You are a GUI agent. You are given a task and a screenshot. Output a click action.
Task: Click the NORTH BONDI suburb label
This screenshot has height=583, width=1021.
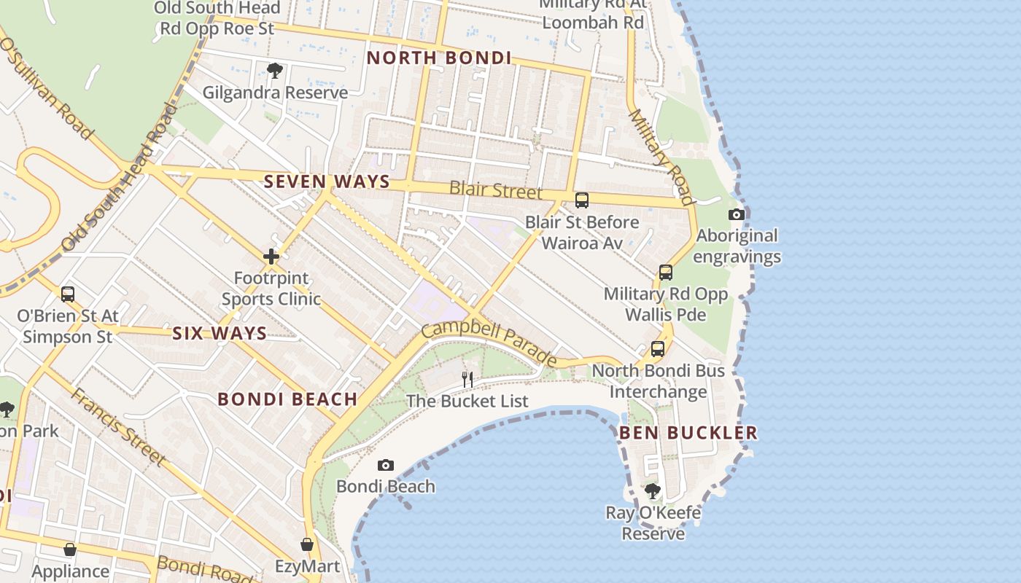pos(438,58)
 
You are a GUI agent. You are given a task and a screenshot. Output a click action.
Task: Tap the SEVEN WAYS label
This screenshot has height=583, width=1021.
pos(327,181)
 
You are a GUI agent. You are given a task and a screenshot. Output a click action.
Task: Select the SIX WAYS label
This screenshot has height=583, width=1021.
pos(220,334)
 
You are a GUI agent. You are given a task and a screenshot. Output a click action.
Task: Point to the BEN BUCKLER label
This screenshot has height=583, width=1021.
pos(688,433)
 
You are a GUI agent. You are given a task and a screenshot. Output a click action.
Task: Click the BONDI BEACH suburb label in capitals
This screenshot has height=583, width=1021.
pos(287,399)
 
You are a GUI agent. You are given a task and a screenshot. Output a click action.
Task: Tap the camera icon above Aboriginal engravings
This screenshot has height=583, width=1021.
pos(737,214)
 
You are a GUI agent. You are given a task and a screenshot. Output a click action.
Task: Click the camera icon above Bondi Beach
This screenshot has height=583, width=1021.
pos(386,465)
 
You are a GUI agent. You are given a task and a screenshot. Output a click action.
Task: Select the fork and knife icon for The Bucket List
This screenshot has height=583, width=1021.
pos(467,379)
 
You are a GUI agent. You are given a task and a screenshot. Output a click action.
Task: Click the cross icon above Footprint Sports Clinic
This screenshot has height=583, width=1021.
pos(271,257)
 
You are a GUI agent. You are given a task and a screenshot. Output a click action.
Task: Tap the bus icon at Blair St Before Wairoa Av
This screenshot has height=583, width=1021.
pos(582,200)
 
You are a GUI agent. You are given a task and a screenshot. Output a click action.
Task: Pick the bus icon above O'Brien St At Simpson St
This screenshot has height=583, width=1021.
pos(68,294)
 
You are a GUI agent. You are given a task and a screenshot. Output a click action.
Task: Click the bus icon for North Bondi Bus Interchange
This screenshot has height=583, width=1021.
pos(658,349)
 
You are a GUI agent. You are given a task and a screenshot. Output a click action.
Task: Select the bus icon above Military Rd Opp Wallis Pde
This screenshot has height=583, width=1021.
pos(666,273)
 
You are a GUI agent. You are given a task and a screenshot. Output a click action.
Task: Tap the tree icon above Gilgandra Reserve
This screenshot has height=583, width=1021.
pos(275,71)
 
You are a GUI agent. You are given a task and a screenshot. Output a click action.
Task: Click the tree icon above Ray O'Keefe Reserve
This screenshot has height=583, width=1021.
pos(653,491)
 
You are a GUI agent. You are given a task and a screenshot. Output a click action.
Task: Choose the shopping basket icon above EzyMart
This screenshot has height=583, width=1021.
pos(307,544)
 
